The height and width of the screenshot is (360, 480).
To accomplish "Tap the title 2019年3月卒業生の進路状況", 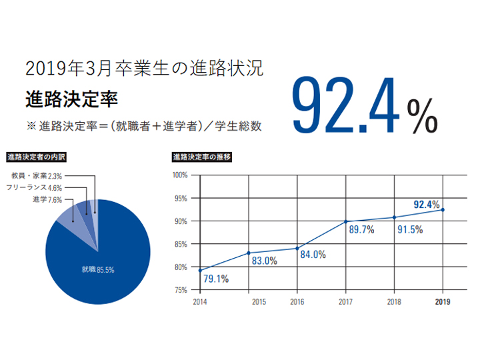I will point(143,68).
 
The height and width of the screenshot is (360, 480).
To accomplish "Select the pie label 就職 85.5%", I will point(98,269).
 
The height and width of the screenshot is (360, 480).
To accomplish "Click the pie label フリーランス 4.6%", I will point(43,188).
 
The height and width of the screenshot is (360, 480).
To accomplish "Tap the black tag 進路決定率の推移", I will point(202,158).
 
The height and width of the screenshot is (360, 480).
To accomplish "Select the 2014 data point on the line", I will point(200,270).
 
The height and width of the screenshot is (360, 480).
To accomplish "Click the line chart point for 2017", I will point(345,221).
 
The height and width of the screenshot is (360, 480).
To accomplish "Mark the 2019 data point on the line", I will point(443,209).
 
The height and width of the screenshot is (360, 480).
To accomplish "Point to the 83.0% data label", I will point(264,261).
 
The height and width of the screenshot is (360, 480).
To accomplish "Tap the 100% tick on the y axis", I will point(181,175).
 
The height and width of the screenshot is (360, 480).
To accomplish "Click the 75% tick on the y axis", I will point(183,290).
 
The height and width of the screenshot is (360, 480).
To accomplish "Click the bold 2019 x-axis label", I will point(443,302).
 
